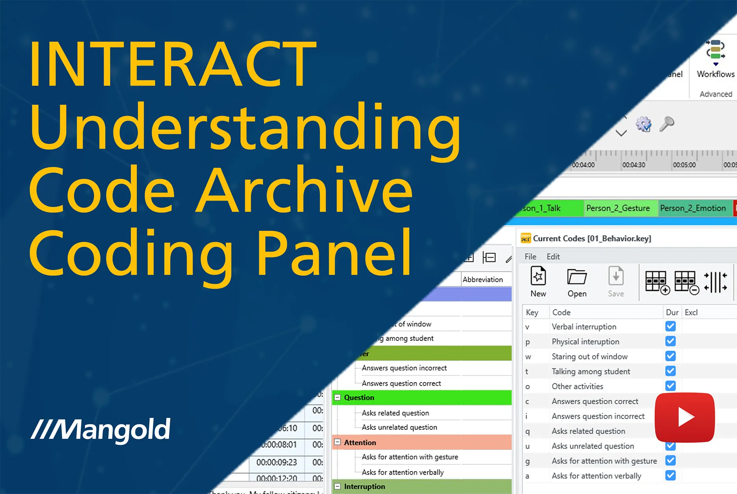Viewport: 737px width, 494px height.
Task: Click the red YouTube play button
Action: pos(685,417)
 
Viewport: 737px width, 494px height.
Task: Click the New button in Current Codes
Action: pos(538,282)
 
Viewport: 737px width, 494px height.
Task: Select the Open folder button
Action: pos(577,282)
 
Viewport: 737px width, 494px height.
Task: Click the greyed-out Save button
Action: pos(616,282)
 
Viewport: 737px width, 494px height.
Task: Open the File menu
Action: pos(530,256)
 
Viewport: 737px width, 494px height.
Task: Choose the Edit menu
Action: pos(553,256)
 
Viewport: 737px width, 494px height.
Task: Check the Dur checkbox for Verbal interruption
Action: pos(670,326)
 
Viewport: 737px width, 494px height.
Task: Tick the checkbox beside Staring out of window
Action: pos(670,356)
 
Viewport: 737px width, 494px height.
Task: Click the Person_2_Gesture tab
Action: pos(618,208)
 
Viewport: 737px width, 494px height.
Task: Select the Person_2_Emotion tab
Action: pos(692,208)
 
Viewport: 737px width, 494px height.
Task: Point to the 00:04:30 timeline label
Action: pos(633,165)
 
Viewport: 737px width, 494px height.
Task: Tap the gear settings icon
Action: pos(643,124)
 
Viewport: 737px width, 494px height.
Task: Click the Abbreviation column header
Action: pos(483,279)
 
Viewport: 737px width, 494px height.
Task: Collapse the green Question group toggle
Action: pos(338,397)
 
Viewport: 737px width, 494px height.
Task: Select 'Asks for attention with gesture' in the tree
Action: pos(410,457)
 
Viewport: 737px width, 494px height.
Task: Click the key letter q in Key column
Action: pos(527,431)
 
